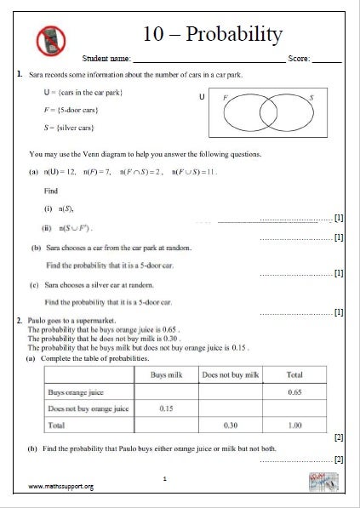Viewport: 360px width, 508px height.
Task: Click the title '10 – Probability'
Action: pos(214,34)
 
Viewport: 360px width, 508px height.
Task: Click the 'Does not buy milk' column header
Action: pos(230,374)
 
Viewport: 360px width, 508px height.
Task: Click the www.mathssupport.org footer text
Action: pos(60,487)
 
